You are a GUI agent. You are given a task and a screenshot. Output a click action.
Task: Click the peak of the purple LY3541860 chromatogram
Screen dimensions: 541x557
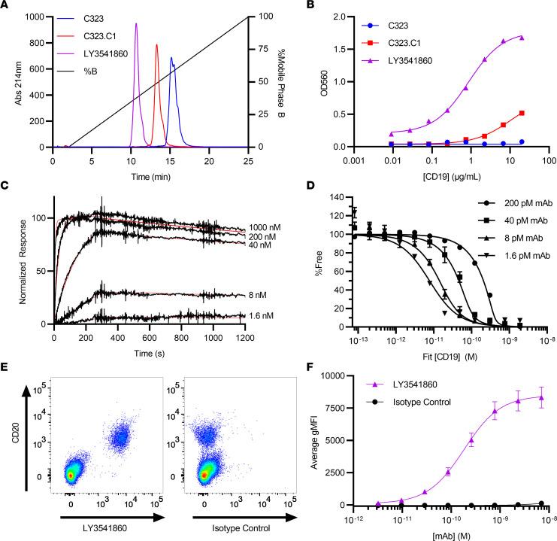136,24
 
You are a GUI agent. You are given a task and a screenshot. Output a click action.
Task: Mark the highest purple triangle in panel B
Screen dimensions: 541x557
521,38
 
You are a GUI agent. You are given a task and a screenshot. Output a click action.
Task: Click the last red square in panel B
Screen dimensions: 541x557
521,114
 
